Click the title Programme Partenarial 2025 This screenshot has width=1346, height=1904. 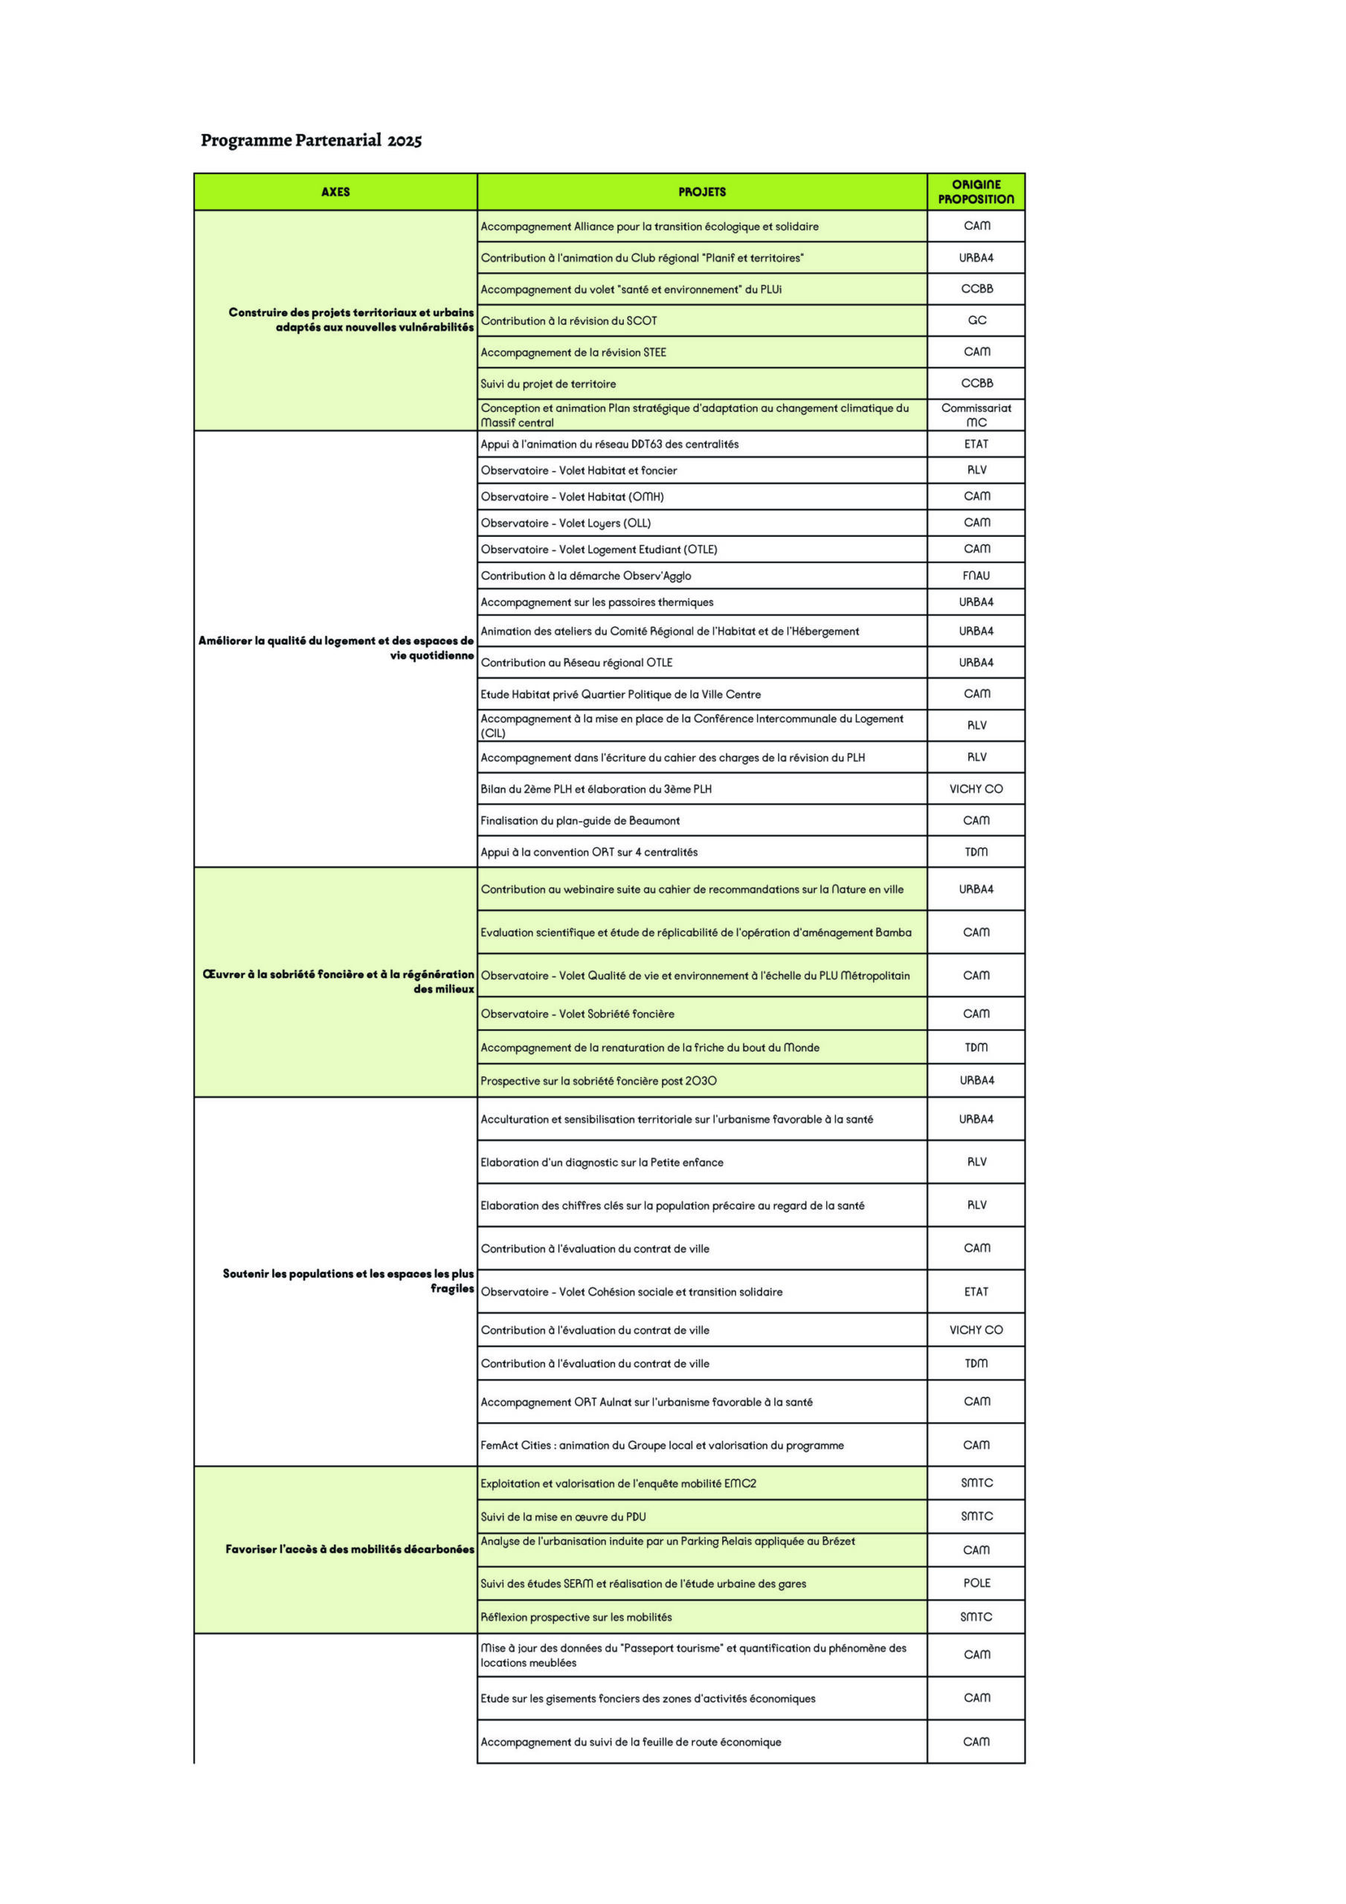[311, 140]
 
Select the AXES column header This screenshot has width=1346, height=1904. [335, 192]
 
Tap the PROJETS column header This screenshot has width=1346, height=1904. [701, 192]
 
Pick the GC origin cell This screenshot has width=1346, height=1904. [976, 320]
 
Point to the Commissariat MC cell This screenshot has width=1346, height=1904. [976, 414]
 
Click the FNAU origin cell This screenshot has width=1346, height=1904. [976, 576]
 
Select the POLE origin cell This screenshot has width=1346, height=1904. [976, 1583]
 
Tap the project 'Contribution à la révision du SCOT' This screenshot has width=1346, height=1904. [569, 321]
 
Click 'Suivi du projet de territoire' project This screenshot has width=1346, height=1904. [548, 384]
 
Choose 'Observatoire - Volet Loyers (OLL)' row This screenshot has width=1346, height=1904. [566, 524]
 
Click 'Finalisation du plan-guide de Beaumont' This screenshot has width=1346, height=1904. [580, 821]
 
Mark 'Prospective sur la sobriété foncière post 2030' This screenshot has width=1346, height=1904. [598, 1081]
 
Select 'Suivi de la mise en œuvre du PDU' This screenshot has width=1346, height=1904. [563, 1517]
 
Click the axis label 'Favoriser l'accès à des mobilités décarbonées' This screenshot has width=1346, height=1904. [350, 1549]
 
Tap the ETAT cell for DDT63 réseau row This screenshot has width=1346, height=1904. [976, 445]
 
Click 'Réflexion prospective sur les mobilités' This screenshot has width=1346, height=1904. [576, 1617]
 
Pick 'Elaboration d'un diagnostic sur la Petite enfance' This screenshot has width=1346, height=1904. [602, 1162]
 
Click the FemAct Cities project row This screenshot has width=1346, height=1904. [662, 1445]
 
